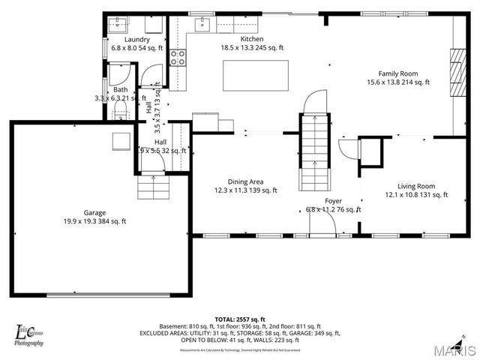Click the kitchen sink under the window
pos(202,25)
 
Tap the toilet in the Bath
pos(119,112)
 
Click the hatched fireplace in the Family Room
pos(456,72)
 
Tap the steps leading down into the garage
pos(153,187)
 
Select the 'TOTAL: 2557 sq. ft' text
pos(240,319)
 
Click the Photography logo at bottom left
pos(30,335)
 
